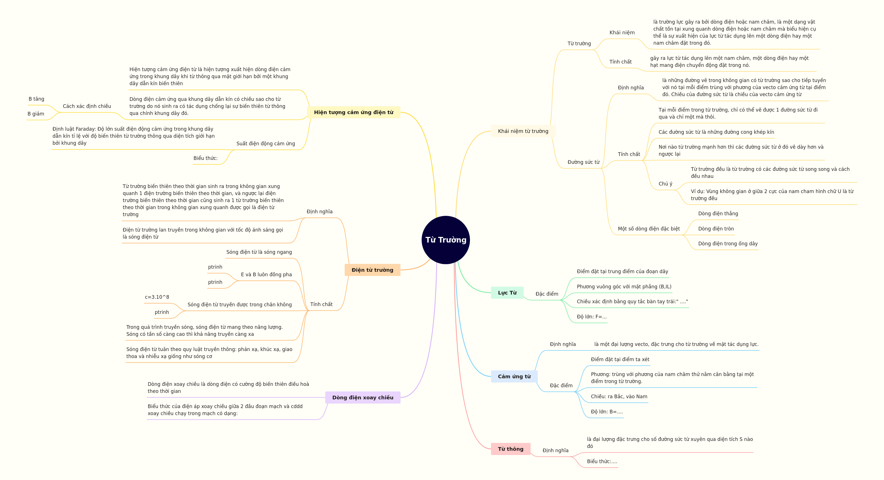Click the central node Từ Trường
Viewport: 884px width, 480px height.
coord(446,240)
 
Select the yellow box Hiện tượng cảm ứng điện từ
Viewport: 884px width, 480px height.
coord(353,112)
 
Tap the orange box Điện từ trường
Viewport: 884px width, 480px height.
coord(372,270)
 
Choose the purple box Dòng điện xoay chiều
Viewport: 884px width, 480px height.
coord(363,397)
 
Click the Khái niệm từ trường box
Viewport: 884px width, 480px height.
coord(523,131)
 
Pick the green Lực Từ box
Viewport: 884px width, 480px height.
coord(507,293)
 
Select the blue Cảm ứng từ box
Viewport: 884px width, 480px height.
coord(514,376)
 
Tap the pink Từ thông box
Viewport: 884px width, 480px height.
coord(511,449)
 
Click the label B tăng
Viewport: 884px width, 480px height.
coord(36,99)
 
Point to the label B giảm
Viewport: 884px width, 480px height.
coord(36,114)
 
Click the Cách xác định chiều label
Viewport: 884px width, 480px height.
coord(87,106)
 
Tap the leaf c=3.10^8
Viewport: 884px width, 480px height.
coord(157,297)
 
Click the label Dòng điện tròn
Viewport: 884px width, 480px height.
coord(716,229)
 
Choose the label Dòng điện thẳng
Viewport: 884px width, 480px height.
coord(718,214)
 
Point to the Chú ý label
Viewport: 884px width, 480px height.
coord(665,184)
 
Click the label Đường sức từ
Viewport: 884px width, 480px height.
coord(583,162)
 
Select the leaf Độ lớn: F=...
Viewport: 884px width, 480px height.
coord(592,316)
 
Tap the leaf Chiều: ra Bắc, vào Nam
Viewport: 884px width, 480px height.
coord(619,397)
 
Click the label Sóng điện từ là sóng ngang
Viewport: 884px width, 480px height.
coord(259,252)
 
